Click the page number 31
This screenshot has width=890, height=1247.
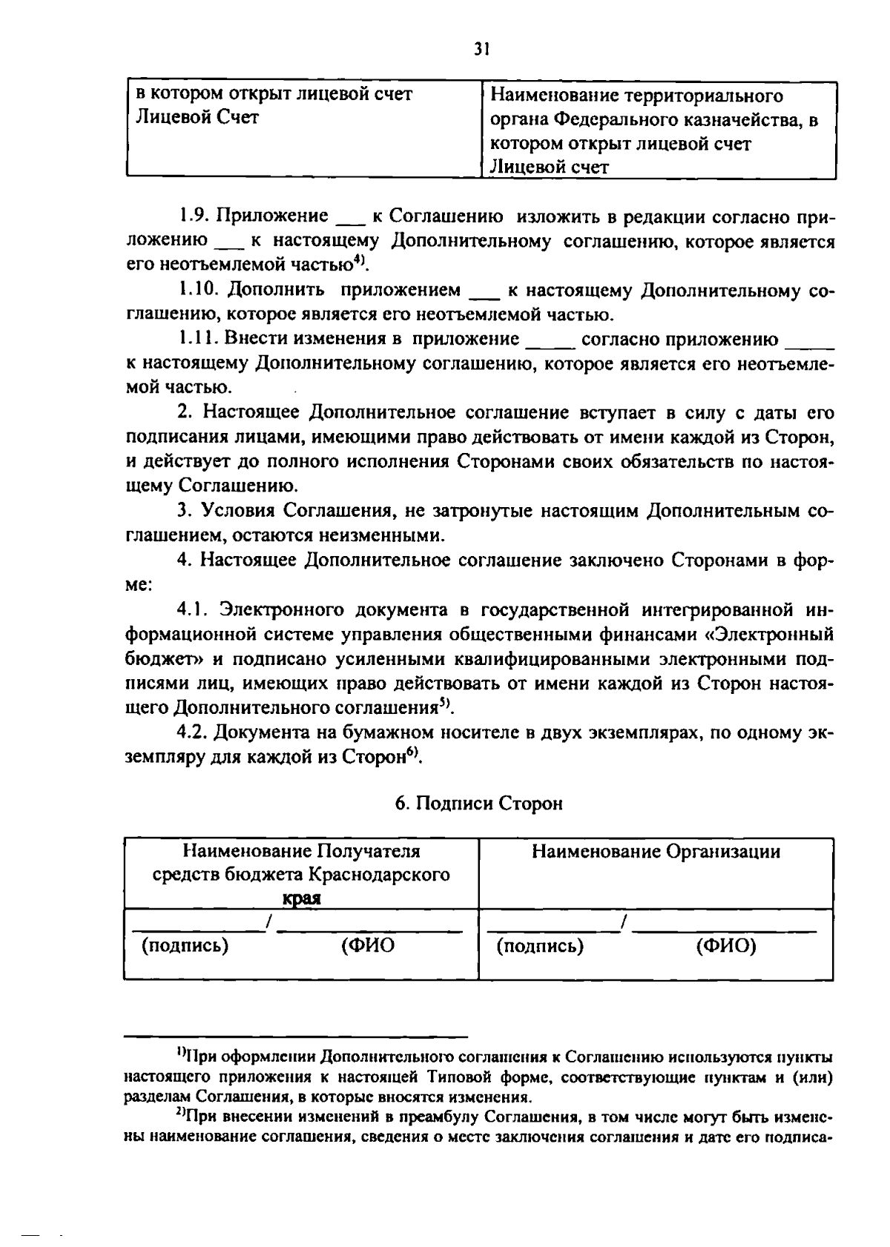coord(481,50)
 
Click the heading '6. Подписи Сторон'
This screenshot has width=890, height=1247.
coord(478,804)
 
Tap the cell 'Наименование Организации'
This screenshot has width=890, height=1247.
coord(656,851)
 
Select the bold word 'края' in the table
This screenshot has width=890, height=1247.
coord(301,898)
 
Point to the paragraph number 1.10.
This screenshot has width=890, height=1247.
coord(200,290)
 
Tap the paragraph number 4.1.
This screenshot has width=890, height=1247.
coord(194,610)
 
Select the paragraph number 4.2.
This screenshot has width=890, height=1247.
coord(194,732)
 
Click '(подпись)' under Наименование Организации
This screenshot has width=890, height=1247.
coord(540,946)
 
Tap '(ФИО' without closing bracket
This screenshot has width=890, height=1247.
coord(368,946)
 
